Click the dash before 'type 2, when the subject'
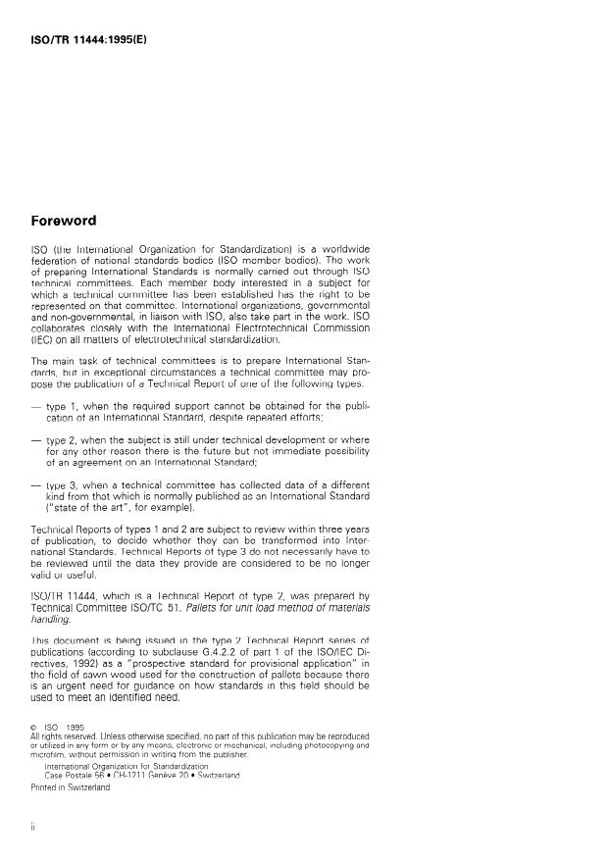pyautogui.click(x=37, y=441)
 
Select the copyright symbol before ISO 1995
pyautogui.click(x=35, y=729)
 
